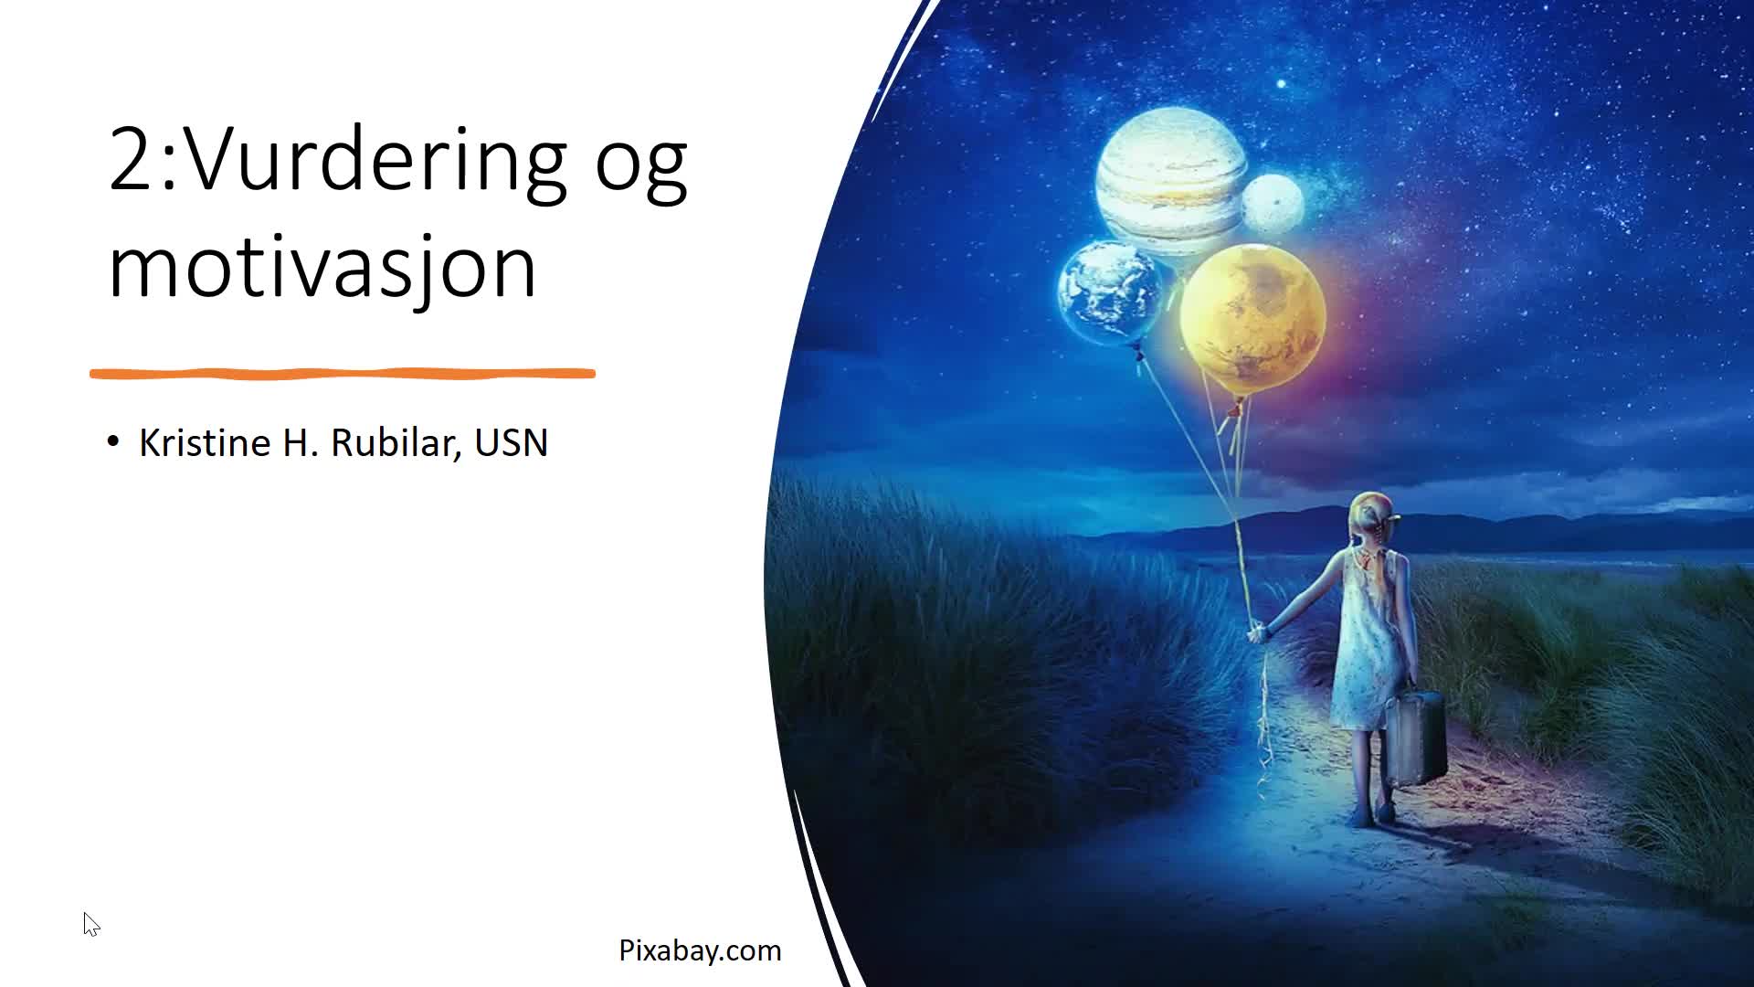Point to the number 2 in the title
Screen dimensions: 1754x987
click(132, 157)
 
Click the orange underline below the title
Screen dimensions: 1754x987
click(343, 373)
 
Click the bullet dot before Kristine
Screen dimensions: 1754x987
click(113, 442)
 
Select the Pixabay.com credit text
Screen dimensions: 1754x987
click(700, 950)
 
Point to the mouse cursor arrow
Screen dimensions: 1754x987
click(90, 924)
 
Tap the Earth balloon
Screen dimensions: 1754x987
click(1110, 292)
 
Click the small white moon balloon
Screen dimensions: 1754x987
click(1273, 203)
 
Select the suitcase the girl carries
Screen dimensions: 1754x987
click(1415, 737)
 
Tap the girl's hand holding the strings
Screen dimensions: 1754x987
click(1258, 631)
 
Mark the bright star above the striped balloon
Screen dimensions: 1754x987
click(1282, 84)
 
